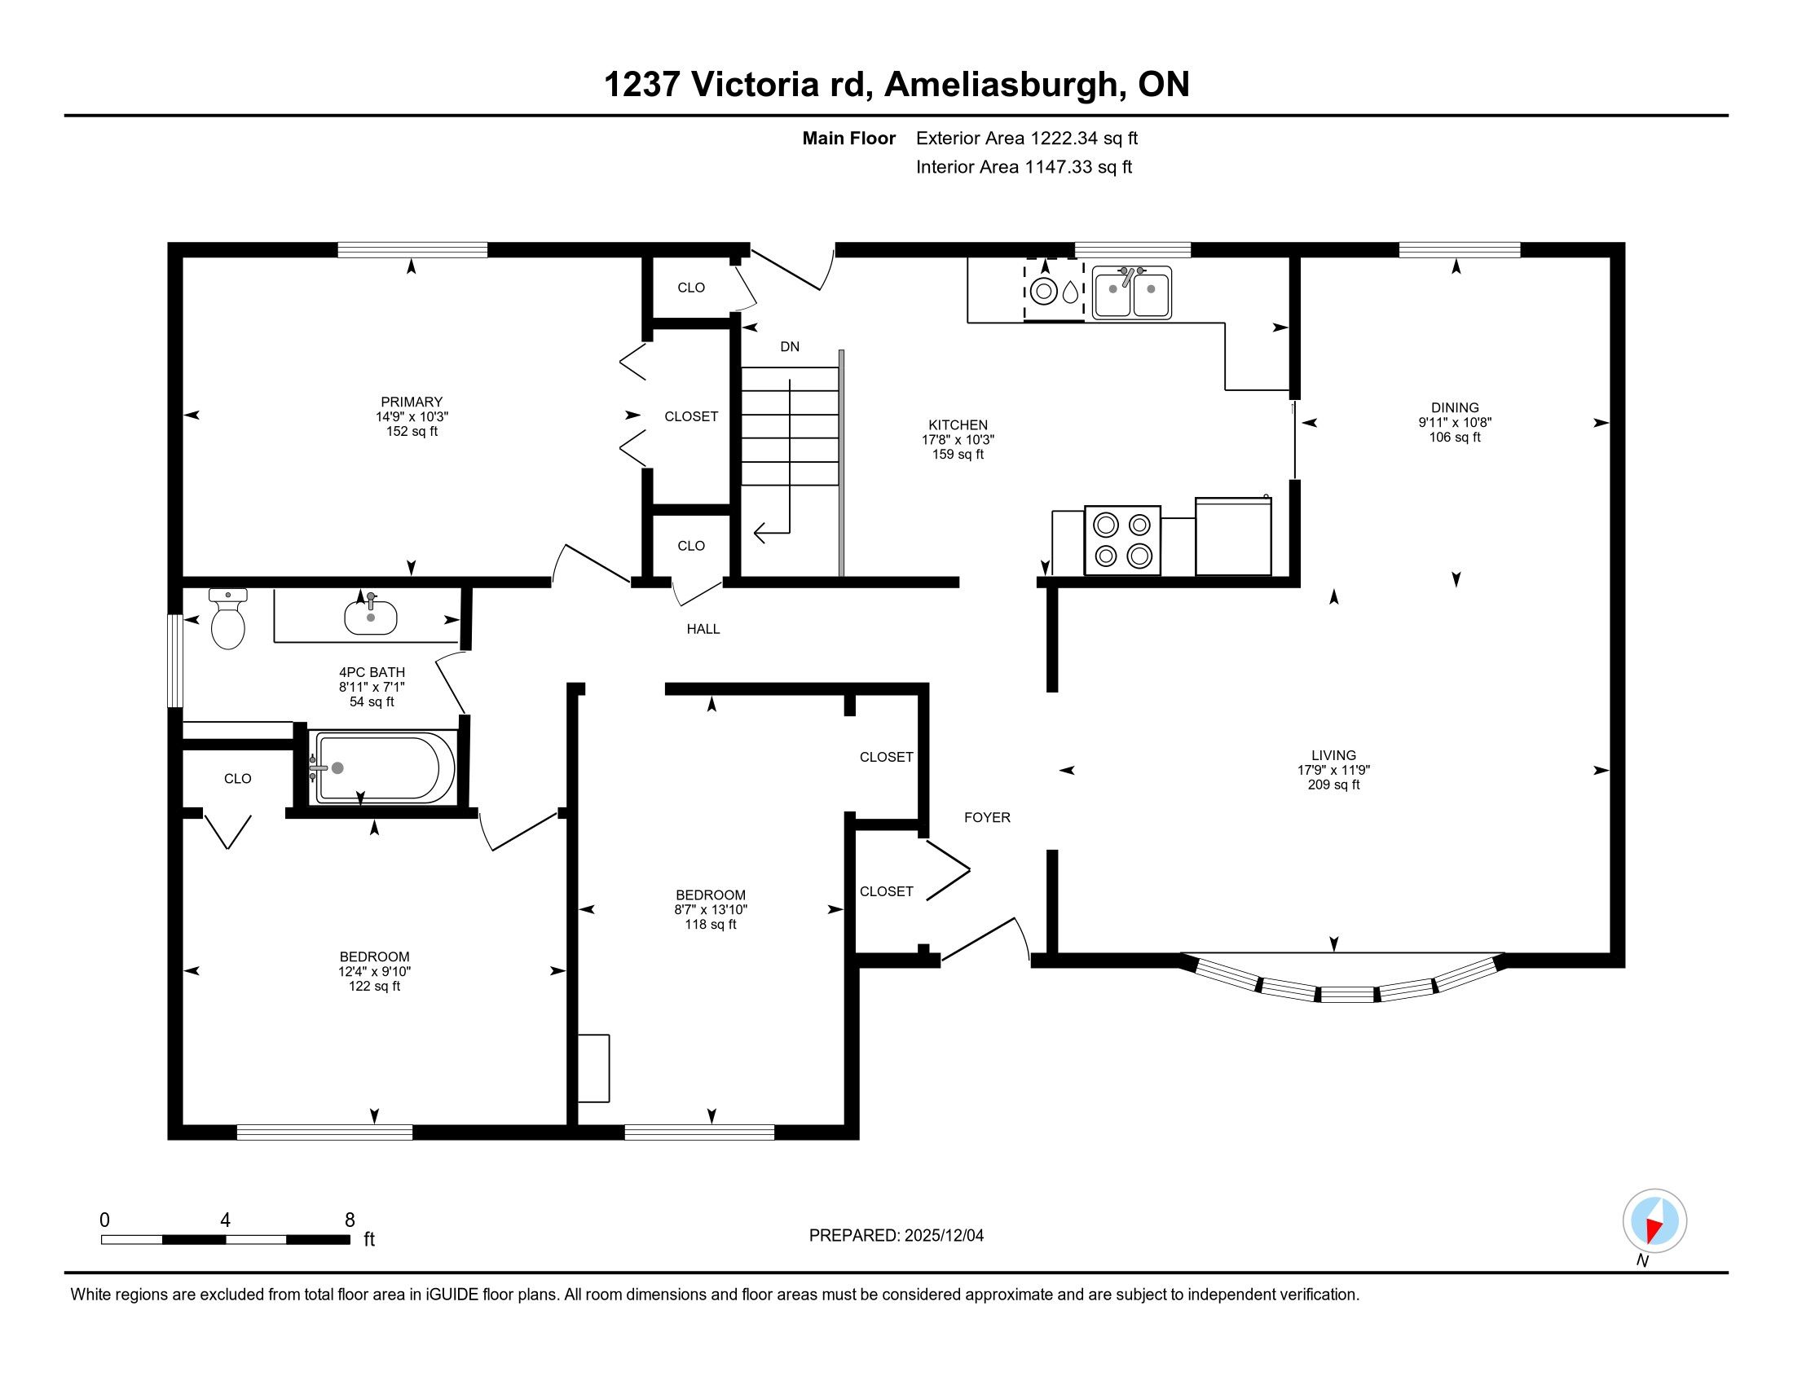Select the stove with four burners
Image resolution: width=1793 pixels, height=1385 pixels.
point(1122,540)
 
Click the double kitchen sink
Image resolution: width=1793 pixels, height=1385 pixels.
point(1132,292)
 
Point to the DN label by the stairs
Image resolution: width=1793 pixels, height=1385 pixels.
point(790,347)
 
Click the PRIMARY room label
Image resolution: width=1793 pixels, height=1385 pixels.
point(412,402)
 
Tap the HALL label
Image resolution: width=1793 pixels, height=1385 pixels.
point(703,629)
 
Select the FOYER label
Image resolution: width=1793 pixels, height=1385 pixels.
point(987,817)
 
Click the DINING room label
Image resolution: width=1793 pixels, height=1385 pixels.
point(1455,408)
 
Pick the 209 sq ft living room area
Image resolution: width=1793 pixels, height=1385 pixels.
point(1333,785)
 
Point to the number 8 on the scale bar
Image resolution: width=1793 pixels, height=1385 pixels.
point(350,1220)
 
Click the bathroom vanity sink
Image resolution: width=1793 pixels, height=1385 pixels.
point(370,616)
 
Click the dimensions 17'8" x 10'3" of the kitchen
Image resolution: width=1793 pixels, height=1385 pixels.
point(958,440)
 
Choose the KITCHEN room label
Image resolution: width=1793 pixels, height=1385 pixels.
point(958,425)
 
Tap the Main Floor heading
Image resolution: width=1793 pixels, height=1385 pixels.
point(848,138)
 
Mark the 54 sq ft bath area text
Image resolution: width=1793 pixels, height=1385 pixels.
point(372,702)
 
